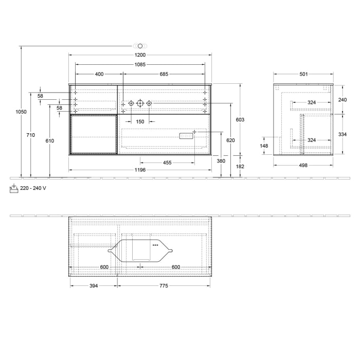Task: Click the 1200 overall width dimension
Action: tap(140, 55)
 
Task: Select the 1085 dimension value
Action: tap(140, 65)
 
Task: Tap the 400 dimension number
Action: tap(99, 74)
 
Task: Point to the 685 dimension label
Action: tap(164, 74)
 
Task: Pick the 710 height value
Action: tap(31, 135)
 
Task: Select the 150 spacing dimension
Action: tap(140, 122)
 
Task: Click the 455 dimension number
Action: tap(167, 163)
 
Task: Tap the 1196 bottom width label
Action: tap(140, 170)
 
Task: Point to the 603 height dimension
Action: tap(240, 119)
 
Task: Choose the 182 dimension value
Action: tap(240, 166)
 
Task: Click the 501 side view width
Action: tap(303, 74)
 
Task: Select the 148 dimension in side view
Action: tap(264, 146)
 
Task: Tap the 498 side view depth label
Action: tap(303, 166)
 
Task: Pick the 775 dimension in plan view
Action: tap(164, 286)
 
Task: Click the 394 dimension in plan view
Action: tap(93, 286)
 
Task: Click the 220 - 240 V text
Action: tap(33, 188)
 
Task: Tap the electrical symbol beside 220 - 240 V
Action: tap(14, 188)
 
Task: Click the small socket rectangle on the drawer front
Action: tap(185, 136)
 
